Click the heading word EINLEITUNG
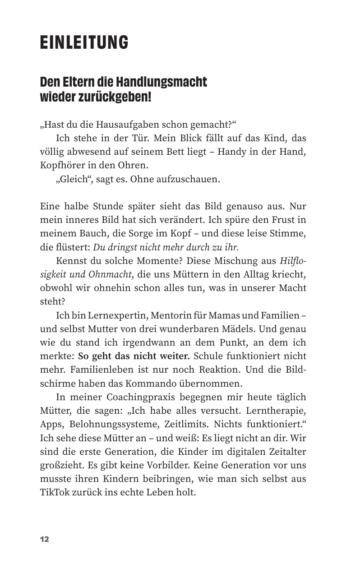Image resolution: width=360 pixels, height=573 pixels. coord(84,43)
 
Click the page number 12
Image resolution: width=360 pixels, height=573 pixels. coord(44,540)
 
